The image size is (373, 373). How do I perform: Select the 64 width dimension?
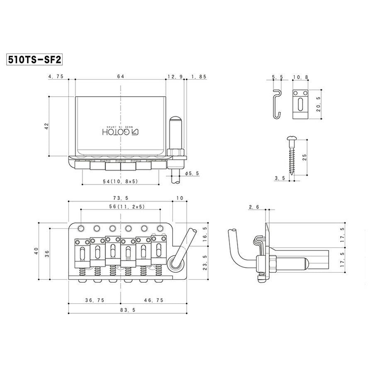(120, 77)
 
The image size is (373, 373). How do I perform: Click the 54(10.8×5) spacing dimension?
(120, 182)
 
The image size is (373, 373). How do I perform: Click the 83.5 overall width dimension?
(120, 310)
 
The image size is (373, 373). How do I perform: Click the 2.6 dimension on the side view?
(254, 207)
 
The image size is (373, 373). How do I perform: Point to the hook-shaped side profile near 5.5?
(277, 103)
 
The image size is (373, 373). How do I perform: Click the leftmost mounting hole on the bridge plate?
(80, 228)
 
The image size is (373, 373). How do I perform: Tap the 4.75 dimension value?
(56, 77)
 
